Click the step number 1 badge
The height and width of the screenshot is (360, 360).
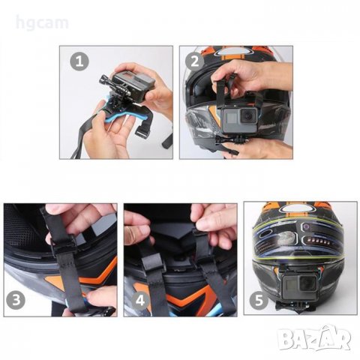(79, 61)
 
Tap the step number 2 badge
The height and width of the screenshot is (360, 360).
(195, 61)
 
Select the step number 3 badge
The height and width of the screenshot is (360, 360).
(16, 299)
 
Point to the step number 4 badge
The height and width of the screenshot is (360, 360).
(140, 299)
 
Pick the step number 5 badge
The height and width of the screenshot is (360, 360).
(259, 299)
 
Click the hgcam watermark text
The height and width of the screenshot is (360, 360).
(42, 23)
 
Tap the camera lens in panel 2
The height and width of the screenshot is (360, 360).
(248, 115)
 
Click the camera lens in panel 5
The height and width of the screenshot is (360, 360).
(307, 284)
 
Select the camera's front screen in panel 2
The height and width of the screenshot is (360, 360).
(230, 118)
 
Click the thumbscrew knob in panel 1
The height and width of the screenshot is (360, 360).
(103, 80)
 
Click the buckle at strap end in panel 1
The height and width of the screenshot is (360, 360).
(142, 130)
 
